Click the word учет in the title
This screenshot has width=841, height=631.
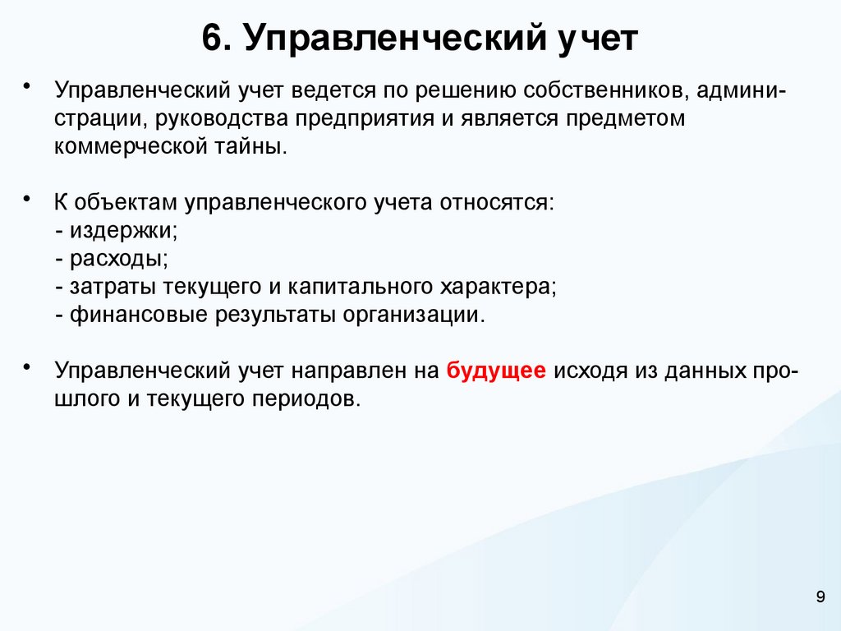click(x=593, y=40)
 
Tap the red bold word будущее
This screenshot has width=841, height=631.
click(x=496, y=371)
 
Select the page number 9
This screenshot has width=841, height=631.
click(x=820, y=598)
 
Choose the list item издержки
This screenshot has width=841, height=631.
click(x=122, y=231)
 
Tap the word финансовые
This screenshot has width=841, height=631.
click(x=140, y=316)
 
